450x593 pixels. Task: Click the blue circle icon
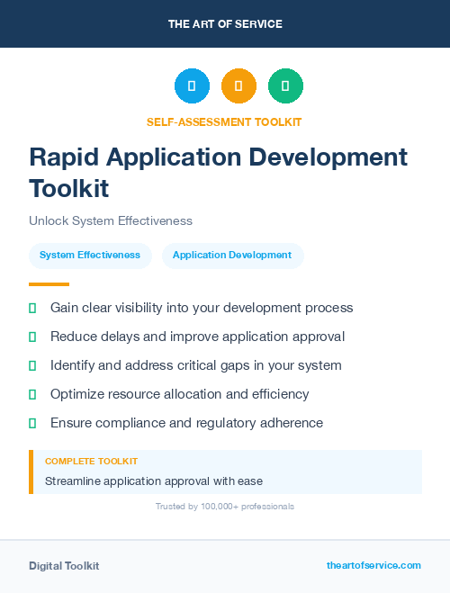(x=192, y=86)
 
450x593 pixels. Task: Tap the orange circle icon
(x=238, y=86)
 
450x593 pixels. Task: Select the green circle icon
(x=285, y=86)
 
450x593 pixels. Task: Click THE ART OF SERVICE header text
(x=225, y=24)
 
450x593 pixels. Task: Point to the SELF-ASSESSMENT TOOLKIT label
(x=224, y=121)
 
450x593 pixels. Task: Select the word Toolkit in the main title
(x=68, y=189)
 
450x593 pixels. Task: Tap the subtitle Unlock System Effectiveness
(x=110, y=220)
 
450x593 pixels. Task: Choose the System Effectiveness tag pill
(x=90, y=256)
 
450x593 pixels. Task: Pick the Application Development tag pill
(x=232, y=256)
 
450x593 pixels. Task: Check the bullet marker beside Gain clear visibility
(x=32, y=308)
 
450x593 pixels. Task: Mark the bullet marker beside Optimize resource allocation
(x=32, y=394)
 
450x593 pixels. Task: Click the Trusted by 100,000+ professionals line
(x=224, y=507)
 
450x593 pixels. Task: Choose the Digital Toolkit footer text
(x=64, y=566)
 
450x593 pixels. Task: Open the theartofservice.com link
(x=373, y=565)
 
